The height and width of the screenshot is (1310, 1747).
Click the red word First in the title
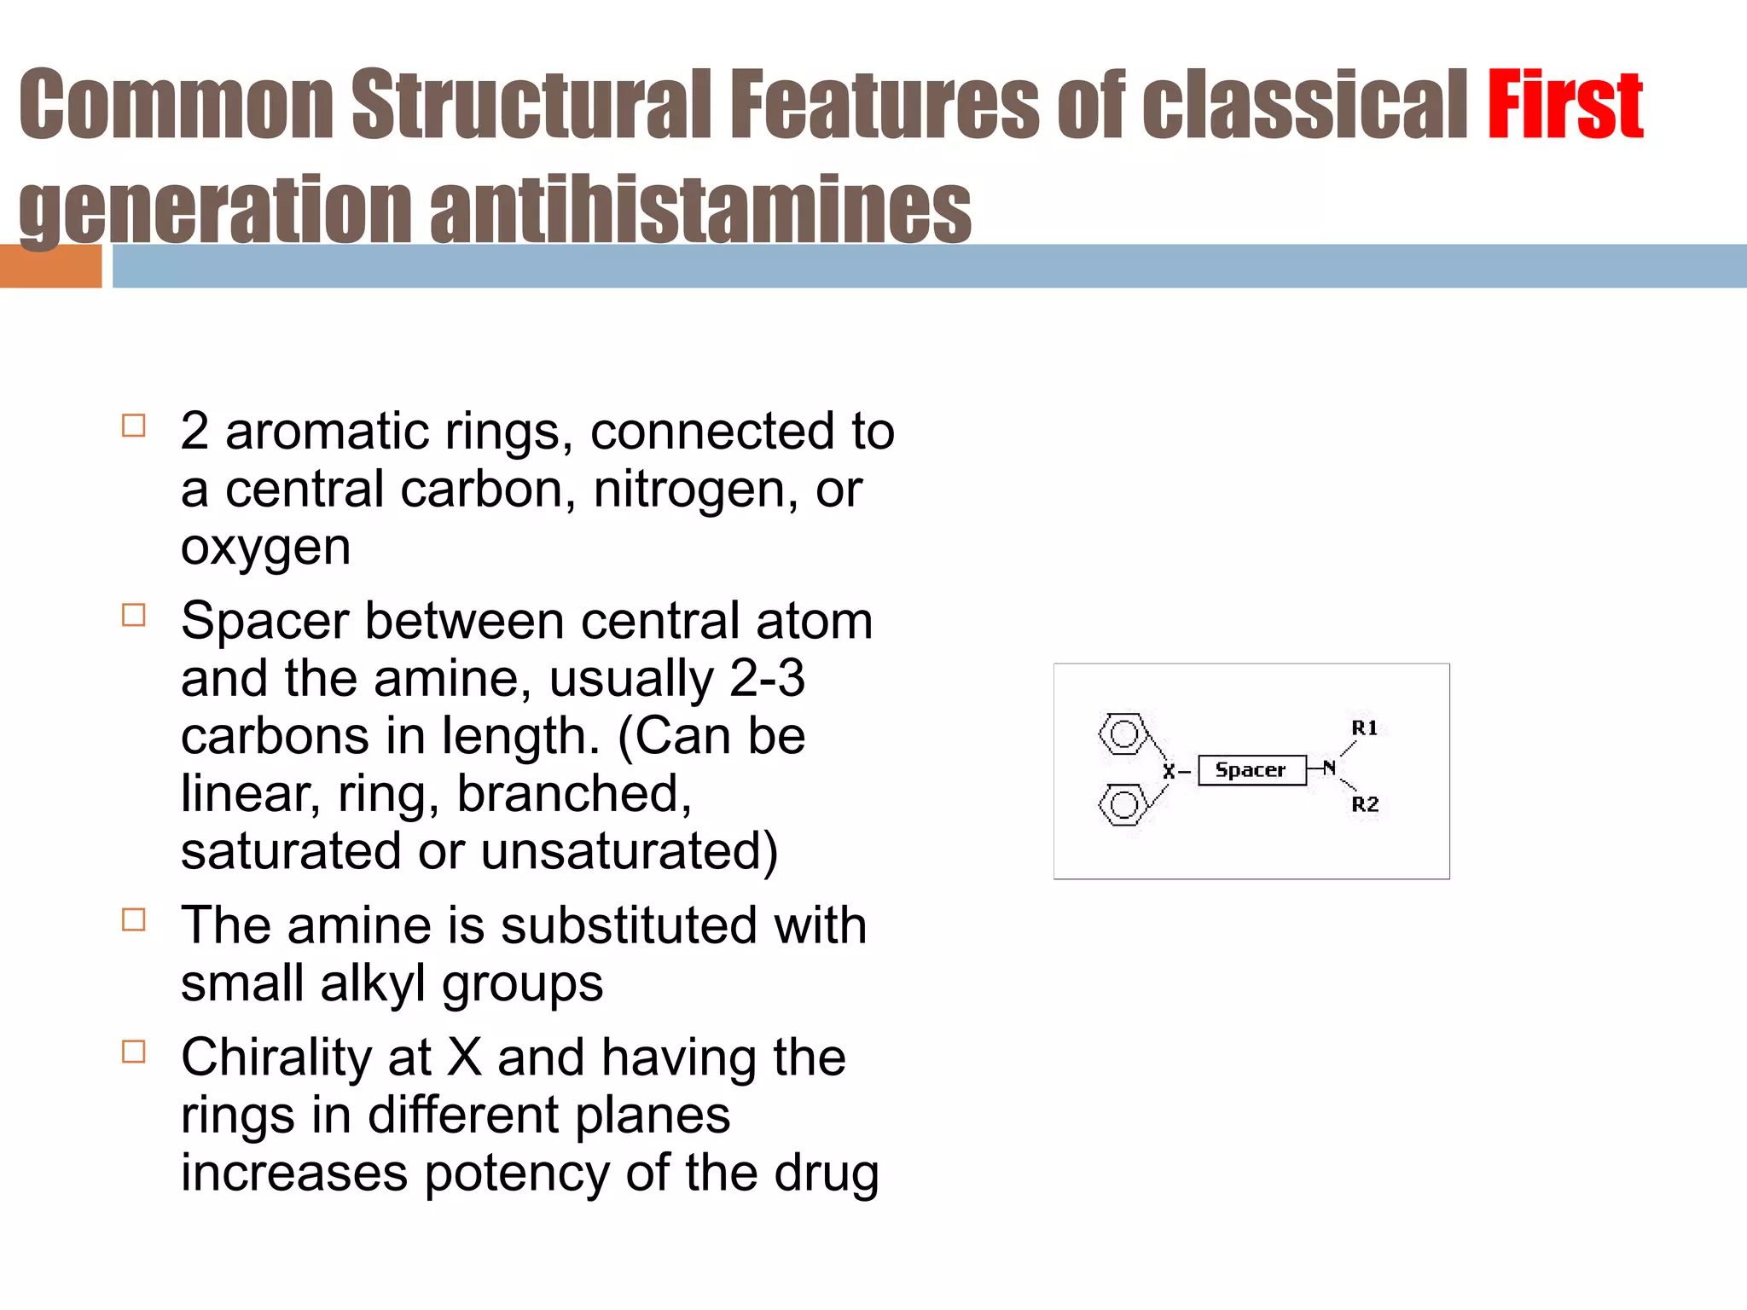click(1564, 107)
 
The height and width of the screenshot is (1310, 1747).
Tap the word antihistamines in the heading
click(699, 211)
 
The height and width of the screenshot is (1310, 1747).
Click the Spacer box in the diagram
click(1251, 770)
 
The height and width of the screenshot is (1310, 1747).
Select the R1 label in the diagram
click(1364, 727)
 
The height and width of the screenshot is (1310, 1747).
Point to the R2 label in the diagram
click(1365, 804)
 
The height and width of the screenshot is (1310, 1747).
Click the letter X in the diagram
click(1169, 772)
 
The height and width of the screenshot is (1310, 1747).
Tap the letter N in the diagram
click(1329, 768)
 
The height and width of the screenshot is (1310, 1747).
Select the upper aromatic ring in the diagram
click(1123, 734)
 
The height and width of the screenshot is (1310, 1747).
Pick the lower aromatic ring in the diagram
click(1123, 805)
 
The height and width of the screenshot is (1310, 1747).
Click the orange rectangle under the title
click(50, 266)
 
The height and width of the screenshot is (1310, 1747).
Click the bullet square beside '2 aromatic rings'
click(134, 426)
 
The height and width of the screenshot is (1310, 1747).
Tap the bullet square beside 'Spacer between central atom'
click(134, 615)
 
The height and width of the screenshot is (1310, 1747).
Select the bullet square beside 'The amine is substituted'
click(134, 919)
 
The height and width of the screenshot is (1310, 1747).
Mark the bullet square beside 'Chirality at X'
click(134, 1052)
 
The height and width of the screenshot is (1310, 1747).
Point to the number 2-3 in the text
click(767, 678)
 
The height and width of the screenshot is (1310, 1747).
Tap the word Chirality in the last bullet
click(276, 1058)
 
